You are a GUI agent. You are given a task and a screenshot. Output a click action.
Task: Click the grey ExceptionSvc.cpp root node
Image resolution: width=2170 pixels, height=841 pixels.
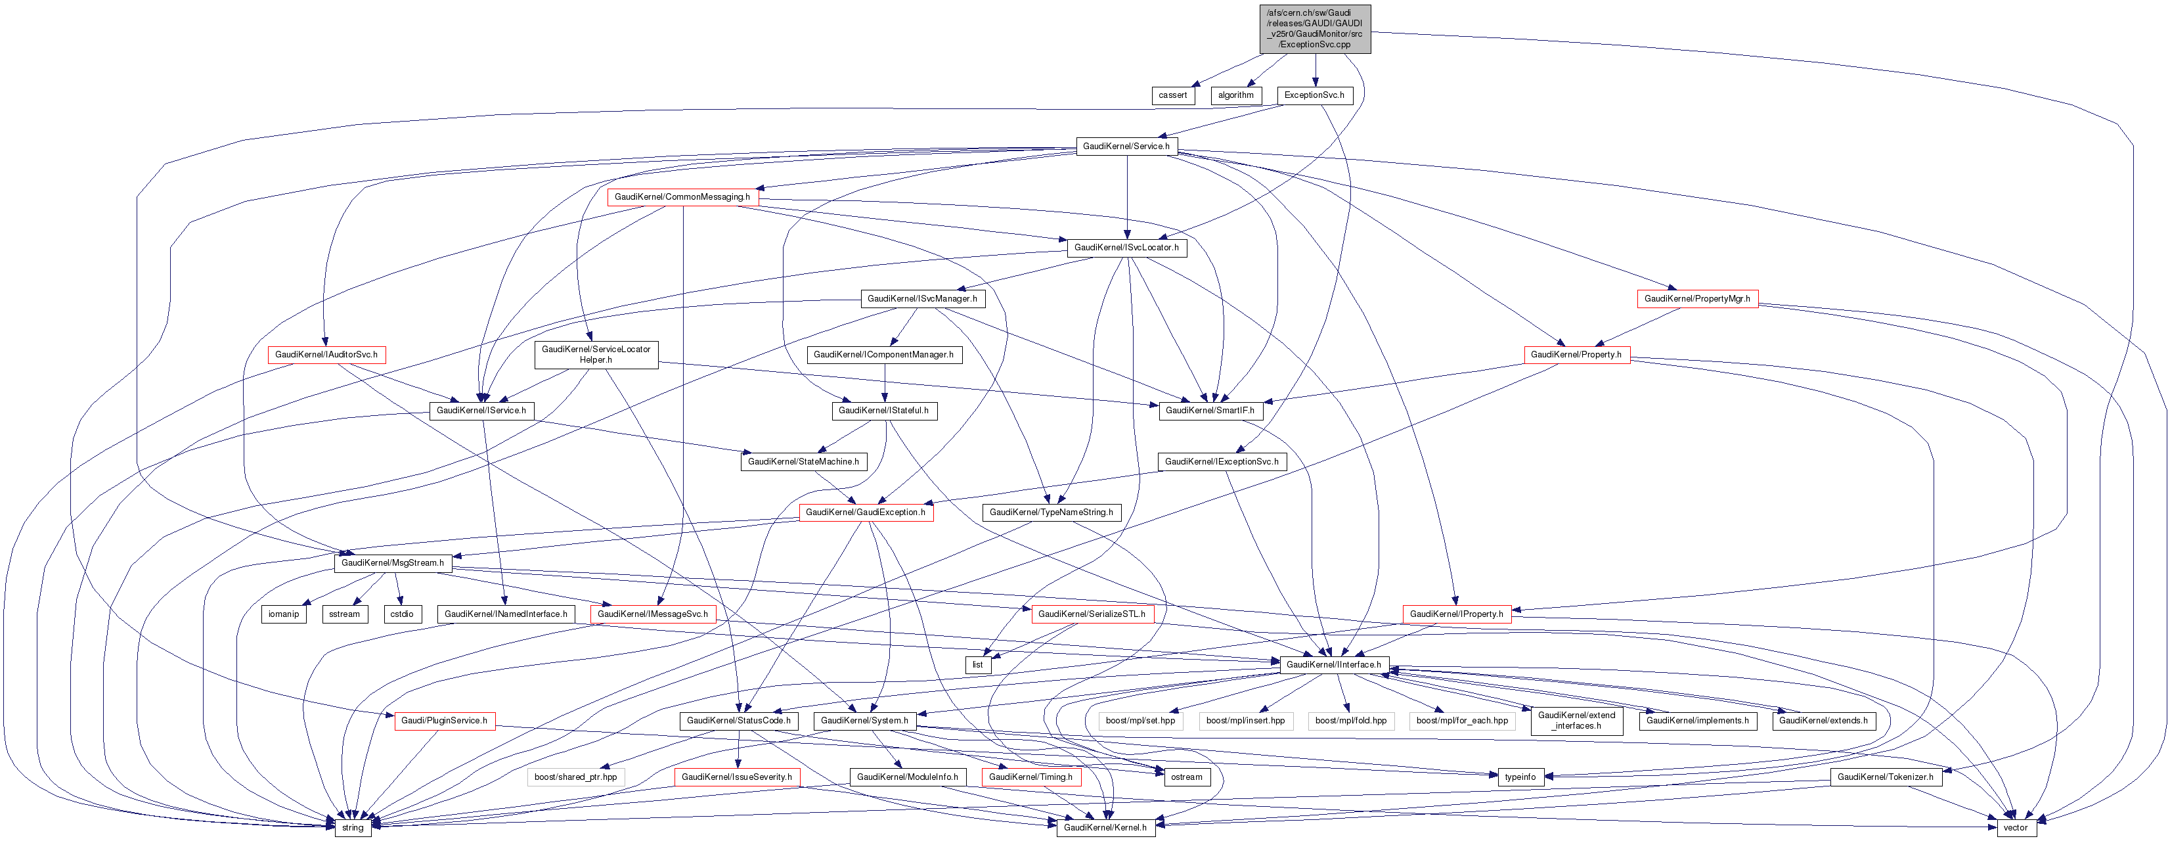[x=1314, y=29]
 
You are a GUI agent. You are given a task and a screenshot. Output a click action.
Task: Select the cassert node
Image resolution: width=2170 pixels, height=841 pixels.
[x=1172, y=95]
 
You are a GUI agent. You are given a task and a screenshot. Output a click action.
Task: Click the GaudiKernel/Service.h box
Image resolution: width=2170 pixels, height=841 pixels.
[x=1126, y=147]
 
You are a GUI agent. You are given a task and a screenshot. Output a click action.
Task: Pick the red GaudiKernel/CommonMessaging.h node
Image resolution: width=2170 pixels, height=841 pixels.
[x=682, y=197]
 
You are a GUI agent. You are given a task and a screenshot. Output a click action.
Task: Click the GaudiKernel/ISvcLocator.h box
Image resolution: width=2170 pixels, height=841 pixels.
[x=1126, y=248]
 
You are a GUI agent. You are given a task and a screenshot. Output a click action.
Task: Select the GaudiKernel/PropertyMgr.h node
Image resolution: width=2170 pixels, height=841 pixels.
[x=1696, y=299]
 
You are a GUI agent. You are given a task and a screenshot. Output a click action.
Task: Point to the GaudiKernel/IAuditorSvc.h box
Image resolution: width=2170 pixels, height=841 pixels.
[x=326, y=355]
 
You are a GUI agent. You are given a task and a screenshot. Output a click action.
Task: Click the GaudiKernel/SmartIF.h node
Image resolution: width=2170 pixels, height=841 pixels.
[x=1210, y=411]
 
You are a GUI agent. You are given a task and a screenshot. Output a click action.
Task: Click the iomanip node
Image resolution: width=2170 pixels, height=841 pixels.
[x=283, y=614]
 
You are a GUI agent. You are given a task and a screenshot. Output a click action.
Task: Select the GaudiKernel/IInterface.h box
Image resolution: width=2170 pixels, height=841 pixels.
[x=1333, y=665]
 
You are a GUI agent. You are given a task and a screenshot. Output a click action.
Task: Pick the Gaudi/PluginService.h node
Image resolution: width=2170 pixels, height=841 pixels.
[x=444, y=721]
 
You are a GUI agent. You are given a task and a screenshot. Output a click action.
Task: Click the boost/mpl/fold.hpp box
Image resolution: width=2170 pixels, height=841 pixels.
[x=1350, y=721]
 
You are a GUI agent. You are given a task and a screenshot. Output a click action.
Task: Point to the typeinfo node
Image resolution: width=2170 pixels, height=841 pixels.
[x=1520, y=777]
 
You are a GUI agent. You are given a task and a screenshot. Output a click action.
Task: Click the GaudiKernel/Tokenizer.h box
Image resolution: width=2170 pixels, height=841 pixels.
[x=1885, y=777]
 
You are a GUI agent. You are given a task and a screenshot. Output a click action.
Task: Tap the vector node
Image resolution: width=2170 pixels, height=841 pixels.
[x=2015, y=827]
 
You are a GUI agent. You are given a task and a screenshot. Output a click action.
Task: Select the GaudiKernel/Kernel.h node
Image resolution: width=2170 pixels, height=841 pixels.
[x=1105, y=827]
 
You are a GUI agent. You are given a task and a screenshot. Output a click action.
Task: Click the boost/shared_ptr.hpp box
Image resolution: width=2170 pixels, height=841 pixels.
[x=575, y=777]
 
